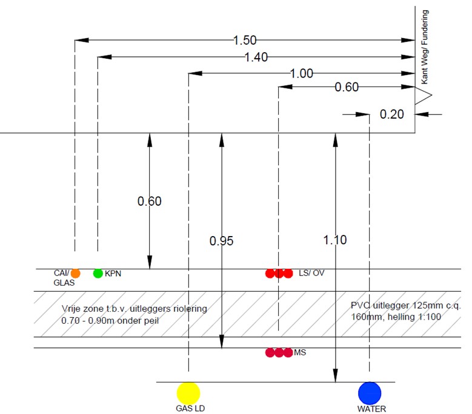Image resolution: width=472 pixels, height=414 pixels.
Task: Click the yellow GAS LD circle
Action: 188,392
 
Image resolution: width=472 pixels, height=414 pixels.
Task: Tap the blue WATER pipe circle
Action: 369,392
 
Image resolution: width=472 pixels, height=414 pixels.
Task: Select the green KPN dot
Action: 98,273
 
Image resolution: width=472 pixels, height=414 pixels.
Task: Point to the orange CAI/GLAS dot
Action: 75,273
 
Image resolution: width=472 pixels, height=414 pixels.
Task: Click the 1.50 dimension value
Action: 245,41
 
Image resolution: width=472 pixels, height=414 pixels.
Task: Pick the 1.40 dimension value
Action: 256,57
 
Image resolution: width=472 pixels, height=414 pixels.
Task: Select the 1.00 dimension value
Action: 301,73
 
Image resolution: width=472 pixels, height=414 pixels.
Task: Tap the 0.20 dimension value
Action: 392,114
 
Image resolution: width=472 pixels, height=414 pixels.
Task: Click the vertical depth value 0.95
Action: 221,241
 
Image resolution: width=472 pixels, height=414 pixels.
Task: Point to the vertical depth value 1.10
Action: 334,240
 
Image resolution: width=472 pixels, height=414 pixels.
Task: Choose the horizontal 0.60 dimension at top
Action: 347,87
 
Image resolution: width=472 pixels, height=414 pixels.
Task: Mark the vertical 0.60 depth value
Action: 149,202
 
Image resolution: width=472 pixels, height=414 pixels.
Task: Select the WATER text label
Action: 371,409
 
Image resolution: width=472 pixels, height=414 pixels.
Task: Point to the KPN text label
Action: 114,274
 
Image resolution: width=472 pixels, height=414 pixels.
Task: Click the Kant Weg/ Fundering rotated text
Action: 425,47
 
